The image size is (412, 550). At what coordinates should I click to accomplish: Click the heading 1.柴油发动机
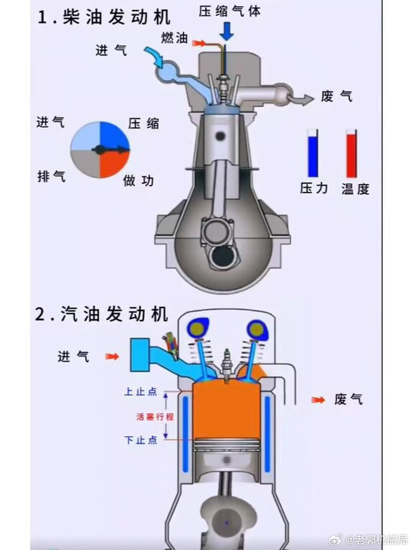[104, 17]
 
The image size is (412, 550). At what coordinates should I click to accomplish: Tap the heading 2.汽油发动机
[102, 314]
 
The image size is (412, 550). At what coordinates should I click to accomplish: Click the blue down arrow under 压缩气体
[227, 31]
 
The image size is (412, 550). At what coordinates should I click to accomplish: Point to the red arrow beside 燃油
[199, 43]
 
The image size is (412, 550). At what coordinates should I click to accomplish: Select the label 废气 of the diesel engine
[337, 96]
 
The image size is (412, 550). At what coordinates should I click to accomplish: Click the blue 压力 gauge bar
[313, 156]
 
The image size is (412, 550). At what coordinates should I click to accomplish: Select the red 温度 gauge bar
[351, 155]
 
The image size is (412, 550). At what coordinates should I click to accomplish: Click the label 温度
[355, 189]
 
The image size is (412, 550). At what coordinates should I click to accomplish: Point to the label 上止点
[141, 392]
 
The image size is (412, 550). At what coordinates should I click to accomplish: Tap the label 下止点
[141, 440]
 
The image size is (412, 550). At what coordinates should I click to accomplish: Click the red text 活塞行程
[155, 417]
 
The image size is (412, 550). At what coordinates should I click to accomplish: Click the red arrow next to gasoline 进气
[112, 356]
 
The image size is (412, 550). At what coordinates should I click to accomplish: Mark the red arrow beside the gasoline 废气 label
[318, 400]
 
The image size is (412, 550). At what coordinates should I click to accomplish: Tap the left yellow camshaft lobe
[197, 328]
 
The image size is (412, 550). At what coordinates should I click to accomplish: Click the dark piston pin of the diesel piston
[221, 136]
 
